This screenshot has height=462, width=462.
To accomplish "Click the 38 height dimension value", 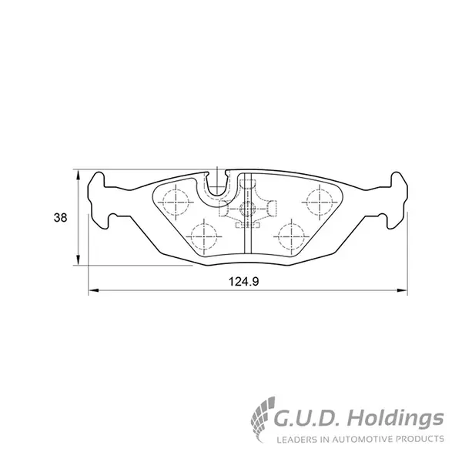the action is pyautogui.click(x=60, y=218).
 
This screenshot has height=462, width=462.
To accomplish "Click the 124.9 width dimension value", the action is pyautogui.click(x=244, y=282).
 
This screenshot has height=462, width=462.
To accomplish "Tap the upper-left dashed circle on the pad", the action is pyautogui.click(x=176, y=202).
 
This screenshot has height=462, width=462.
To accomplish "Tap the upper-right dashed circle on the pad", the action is pyautogui.click(x=320, y=202).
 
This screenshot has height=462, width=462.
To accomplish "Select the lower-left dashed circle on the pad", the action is pyautogui.click(x=203, y=236).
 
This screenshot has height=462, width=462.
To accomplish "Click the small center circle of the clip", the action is pyautogui.click(x=247, y=209).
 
